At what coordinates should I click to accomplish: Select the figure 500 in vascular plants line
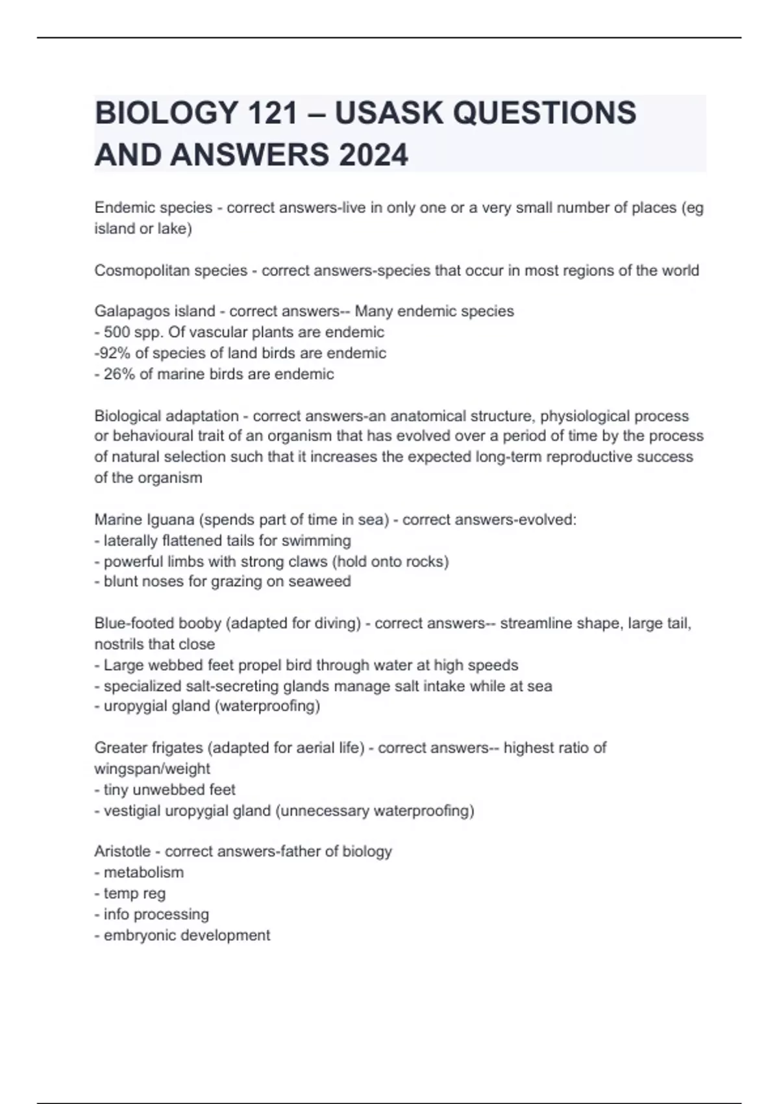point(117,332)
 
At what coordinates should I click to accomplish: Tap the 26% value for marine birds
point(118,374)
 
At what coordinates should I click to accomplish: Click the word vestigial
point(132,811)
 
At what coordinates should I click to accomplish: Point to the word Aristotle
point(122,851)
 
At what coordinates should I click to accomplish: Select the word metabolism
point(143,872)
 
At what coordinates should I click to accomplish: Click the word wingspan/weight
point(152,769)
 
